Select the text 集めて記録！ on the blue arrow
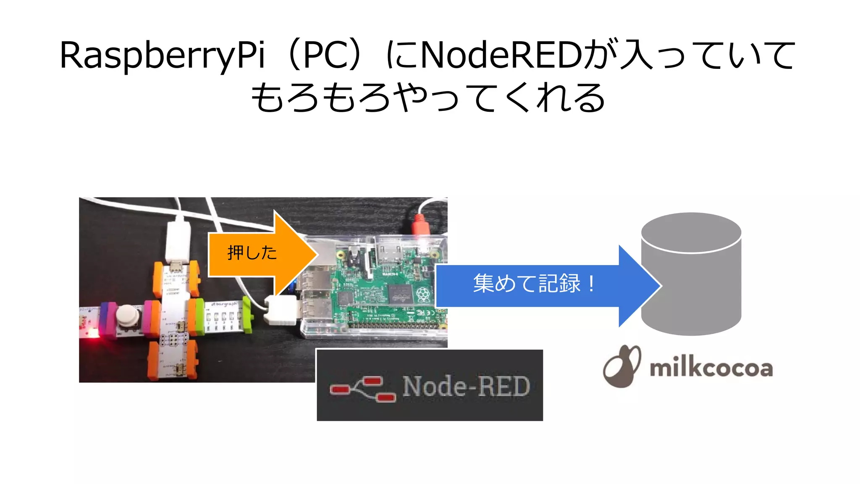pos(533,284)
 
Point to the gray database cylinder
pos(691,277)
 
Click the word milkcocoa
pos(711,368)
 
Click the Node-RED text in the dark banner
pos(466,386)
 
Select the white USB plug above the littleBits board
pos(178,240)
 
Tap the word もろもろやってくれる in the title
pos(428,97)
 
